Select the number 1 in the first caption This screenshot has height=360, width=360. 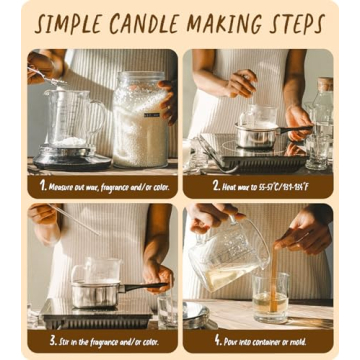coord(43,185)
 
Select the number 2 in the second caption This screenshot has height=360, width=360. coord(215,185)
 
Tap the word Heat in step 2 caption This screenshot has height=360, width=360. coord(233,185)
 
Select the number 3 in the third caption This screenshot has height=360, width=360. coord(43,340)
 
